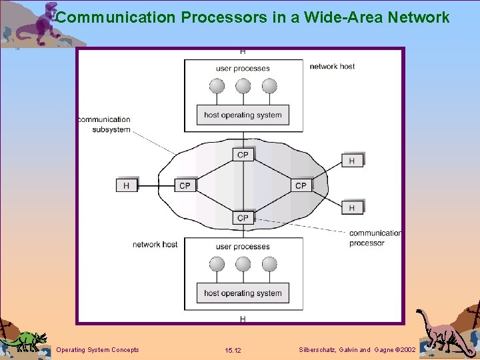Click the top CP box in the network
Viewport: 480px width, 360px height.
click(243, 155)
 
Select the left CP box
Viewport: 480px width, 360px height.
click(185, 185)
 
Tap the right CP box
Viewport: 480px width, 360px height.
click(301, 185)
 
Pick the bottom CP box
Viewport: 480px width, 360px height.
click(243, 217)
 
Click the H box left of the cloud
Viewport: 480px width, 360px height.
click(127, 185)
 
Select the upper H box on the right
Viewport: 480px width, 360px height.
click(352, 161)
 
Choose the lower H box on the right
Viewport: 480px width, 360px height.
click(352, 208)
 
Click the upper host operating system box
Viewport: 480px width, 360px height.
click(243, 115)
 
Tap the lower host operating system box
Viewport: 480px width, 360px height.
click(243, 293)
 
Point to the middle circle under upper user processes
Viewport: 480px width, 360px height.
click(243, 86)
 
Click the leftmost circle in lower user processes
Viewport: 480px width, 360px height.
click(217, 264)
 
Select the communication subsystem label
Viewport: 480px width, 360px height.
click(104, 125)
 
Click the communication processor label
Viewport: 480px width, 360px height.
click(375, 238)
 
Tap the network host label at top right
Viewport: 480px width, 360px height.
click(332, 67)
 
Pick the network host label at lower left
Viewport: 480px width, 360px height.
click(155, 245)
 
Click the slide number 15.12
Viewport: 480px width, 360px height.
click(233, 350)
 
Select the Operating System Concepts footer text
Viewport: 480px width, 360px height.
click(98, 350)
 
